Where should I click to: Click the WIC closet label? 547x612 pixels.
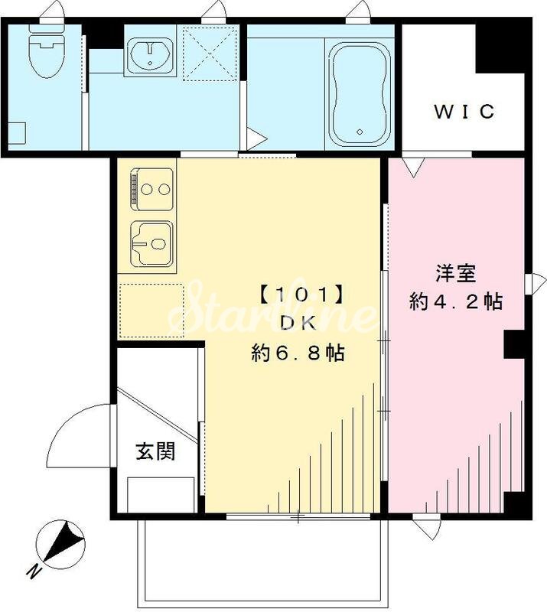(x=464, y=112)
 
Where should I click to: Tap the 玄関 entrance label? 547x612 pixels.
(x=156, y=451)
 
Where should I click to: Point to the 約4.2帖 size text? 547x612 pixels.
(x=456, y=301)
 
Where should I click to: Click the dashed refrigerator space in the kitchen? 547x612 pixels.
(x=151, y=310)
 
